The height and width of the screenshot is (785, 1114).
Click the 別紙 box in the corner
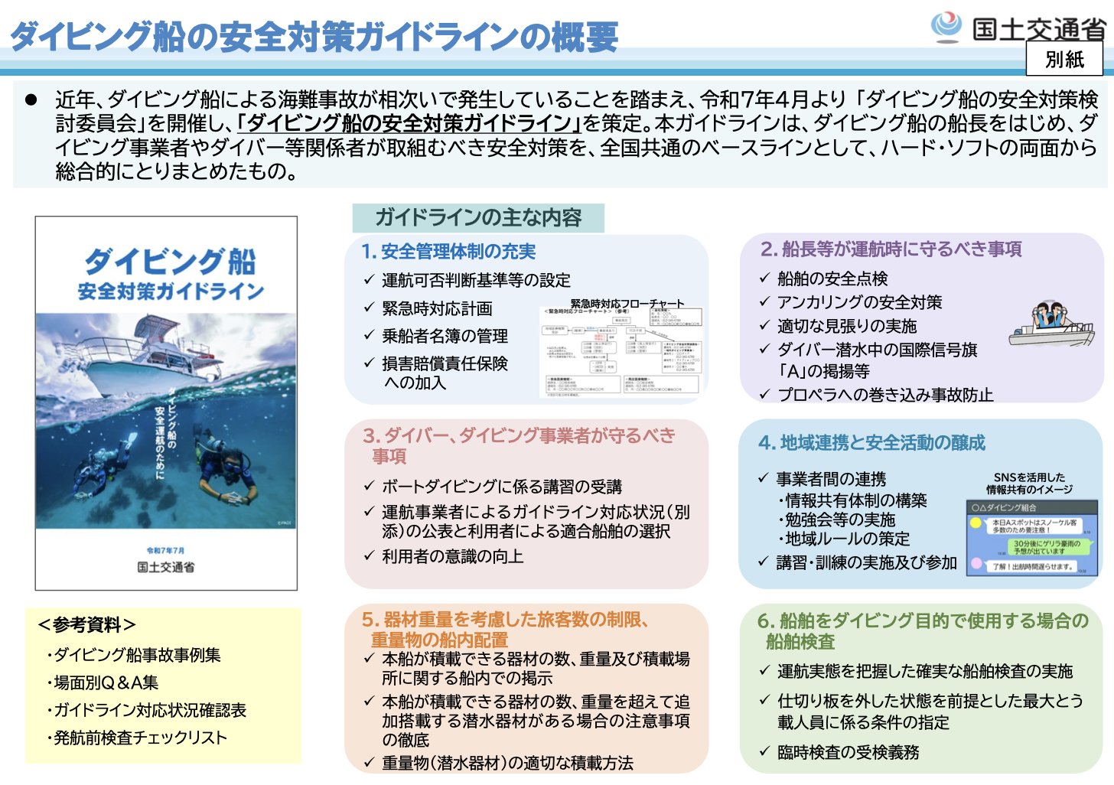pos(1064,58)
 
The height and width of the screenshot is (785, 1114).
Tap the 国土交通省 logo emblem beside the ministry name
pos(946,28)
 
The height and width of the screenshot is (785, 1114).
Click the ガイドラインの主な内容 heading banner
pos(478,218)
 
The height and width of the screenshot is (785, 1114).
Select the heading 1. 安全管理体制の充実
pos(448,252)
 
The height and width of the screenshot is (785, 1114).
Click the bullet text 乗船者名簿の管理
pos(445,336)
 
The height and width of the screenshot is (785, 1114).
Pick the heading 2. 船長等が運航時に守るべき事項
pos(891,249)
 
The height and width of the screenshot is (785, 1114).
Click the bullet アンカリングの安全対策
pos(859,302)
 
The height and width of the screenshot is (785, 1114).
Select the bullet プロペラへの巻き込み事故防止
pos(885,395)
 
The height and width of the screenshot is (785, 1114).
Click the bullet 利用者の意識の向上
pos(452,556)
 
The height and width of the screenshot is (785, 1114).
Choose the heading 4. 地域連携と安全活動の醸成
pos(871,443)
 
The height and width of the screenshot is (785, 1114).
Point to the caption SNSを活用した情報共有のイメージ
pos(1029,484)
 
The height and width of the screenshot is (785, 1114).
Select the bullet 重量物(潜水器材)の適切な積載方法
pos(507,763)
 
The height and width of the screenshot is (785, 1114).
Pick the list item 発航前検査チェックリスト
pos(140,738)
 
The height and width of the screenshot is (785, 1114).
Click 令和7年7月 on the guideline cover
pos(166,550)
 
